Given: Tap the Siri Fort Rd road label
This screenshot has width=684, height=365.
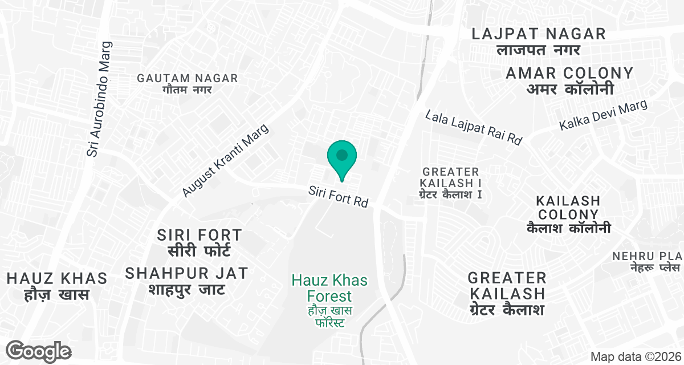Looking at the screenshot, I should coord(338,196).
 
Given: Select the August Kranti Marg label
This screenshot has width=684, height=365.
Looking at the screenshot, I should coord(225,162).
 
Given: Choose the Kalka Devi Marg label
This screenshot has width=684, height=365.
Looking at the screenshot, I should coord(604,115).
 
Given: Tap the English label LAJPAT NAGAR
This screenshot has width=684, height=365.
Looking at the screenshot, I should coord(539,34).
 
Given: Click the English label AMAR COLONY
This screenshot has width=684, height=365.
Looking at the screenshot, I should coord(569,73).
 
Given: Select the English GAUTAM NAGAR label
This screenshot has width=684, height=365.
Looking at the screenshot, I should coord(187,78).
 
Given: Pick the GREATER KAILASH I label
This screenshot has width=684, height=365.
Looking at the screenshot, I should coord(451,177).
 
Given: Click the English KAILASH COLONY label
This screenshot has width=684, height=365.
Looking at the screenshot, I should coord(568,208).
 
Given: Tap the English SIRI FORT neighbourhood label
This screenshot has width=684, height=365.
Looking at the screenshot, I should coord(199,235).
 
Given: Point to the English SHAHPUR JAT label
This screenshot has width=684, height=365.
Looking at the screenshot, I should coord(187,273).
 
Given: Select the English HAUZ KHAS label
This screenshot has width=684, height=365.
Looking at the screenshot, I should coord(57,278).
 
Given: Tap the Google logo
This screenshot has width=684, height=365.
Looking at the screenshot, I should coord(39,351).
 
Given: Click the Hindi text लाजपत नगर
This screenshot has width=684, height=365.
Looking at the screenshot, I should coord(538,50).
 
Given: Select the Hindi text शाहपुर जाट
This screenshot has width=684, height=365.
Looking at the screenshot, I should coord(187,289).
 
